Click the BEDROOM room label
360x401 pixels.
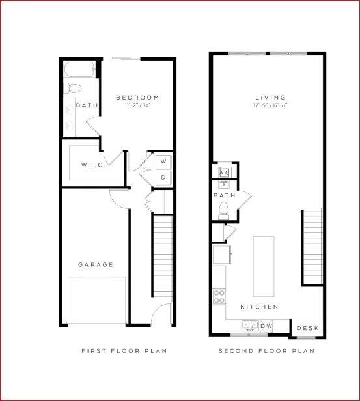click(x=137, y=98)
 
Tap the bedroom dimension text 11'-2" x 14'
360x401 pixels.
click(x=137, y=105)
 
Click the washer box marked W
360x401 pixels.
click(x=163, y=160)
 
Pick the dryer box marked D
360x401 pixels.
click(x=163, y=176)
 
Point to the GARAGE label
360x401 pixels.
click(x=96, y=265)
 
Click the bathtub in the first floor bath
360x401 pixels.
click(x=80, y=70)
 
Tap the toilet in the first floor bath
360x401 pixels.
click(x=72, y=88)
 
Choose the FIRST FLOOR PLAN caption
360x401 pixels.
click(x=124, y=351)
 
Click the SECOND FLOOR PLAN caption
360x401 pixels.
click(x=266, y=351)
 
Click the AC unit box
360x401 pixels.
click(x=223, y=171)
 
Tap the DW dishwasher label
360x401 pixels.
click(x=266, y=325)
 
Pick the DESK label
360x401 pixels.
click(x=307, y=328)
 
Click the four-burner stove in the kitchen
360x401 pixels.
click(x=219, y=297)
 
